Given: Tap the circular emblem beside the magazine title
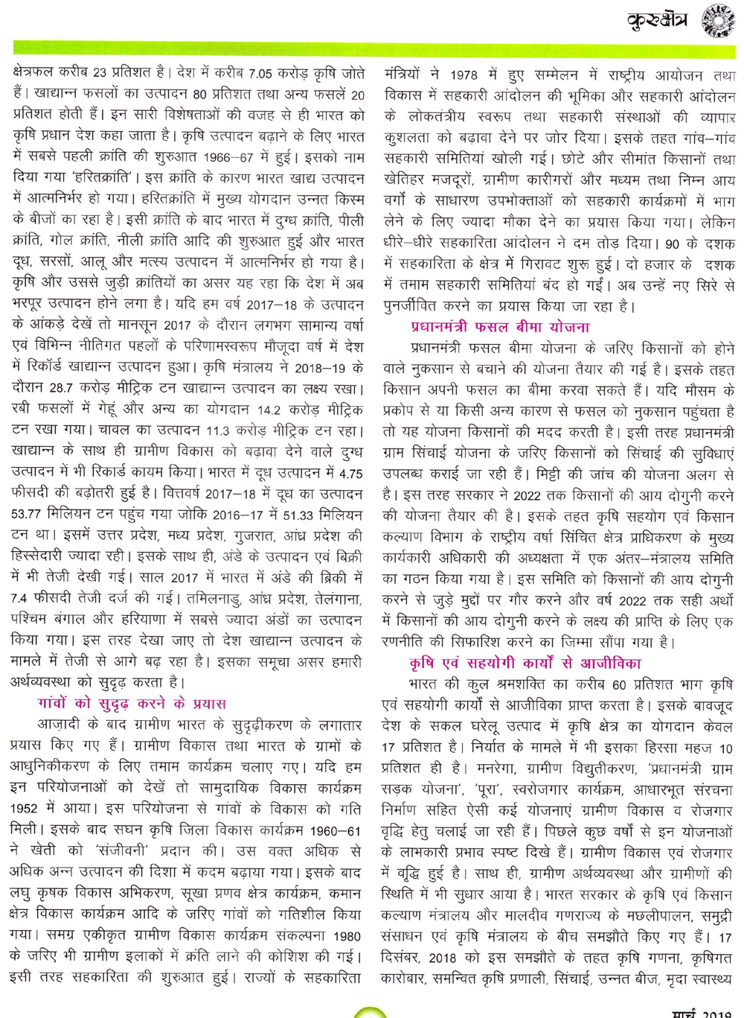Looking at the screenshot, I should [x=719, y=22].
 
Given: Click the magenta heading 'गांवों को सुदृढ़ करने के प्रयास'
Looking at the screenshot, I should [x=131, y=703].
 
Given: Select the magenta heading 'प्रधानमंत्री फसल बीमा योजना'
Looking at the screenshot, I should [x=500, y=327].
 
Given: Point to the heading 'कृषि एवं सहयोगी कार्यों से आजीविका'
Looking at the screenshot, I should [x=525, y=663].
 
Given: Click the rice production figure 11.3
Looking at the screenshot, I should [x=222, y=430].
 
